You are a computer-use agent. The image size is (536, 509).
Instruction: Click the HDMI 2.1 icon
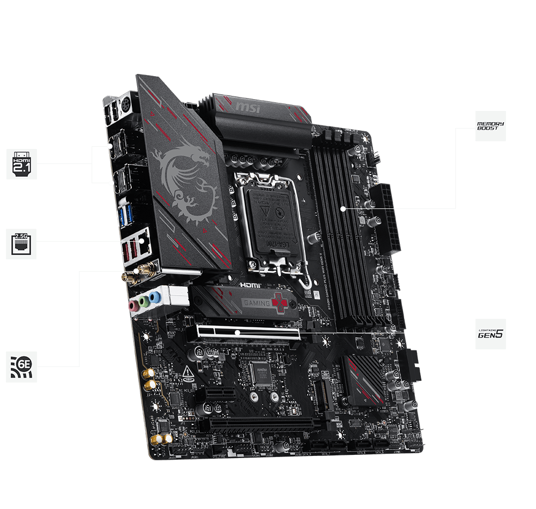[x=21, y=164]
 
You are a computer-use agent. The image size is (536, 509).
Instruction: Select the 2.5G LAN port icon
[x=21, y=244]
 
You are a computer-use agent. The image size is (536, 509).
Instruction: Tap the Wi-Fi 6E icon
[x=21, y=367]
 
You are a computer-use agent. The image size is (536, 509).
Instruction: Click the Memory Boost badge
[x=490, y=126]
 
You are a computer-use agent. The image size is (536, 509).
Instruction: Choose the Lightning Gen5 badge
[x=490, y=334]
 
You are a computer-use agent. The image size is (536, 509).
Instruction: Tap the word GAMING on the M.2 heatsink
[x=257, y=303]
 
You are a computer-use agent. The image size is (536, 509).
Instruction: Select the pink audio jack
[x=133, y=306]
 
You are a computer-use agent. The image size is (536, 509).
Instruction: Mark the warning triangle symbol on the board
[x=188, y=371]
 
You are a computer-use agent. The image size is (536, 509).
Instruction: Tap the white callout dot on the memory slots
[x=343, y=208]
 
